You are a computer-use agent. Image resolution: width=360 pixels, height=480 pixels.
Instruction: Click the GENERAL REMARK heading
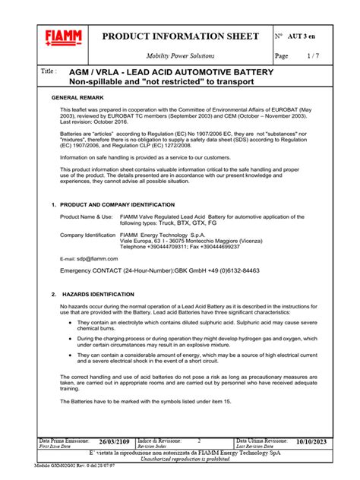click(78, 99)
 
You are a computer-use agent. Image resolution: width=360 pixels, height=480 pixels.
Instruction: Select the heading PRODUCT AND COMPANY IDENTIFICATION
click(112, 205)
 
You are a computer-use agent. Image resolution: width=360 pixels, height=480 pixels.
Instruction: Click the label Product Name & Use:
click(86, 217)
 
